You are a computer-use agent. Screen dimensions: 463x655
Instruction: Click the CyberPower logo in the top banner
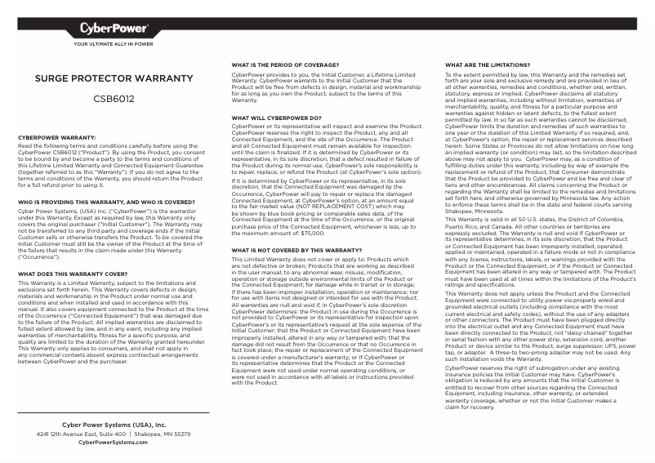[114, 30]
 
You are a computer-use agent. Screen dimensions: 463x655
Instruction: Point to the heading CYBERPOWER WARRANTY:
[57, 138]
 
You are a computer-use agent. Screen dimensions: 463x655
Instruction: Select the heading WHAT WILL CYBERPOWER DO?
[276, 118]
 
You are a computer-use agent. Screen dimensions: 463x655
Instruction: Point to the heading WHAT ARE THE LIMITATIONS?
[488, 64]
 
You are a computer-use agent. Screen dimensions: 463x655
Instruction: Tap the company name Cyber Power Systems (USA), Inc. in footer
[114, 425]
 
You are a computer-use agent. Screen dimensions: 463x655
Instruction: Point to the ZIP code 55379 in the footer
[182, 434]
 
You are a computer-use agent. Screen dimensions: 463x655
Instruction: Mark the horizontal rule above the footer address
[114, 413]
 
